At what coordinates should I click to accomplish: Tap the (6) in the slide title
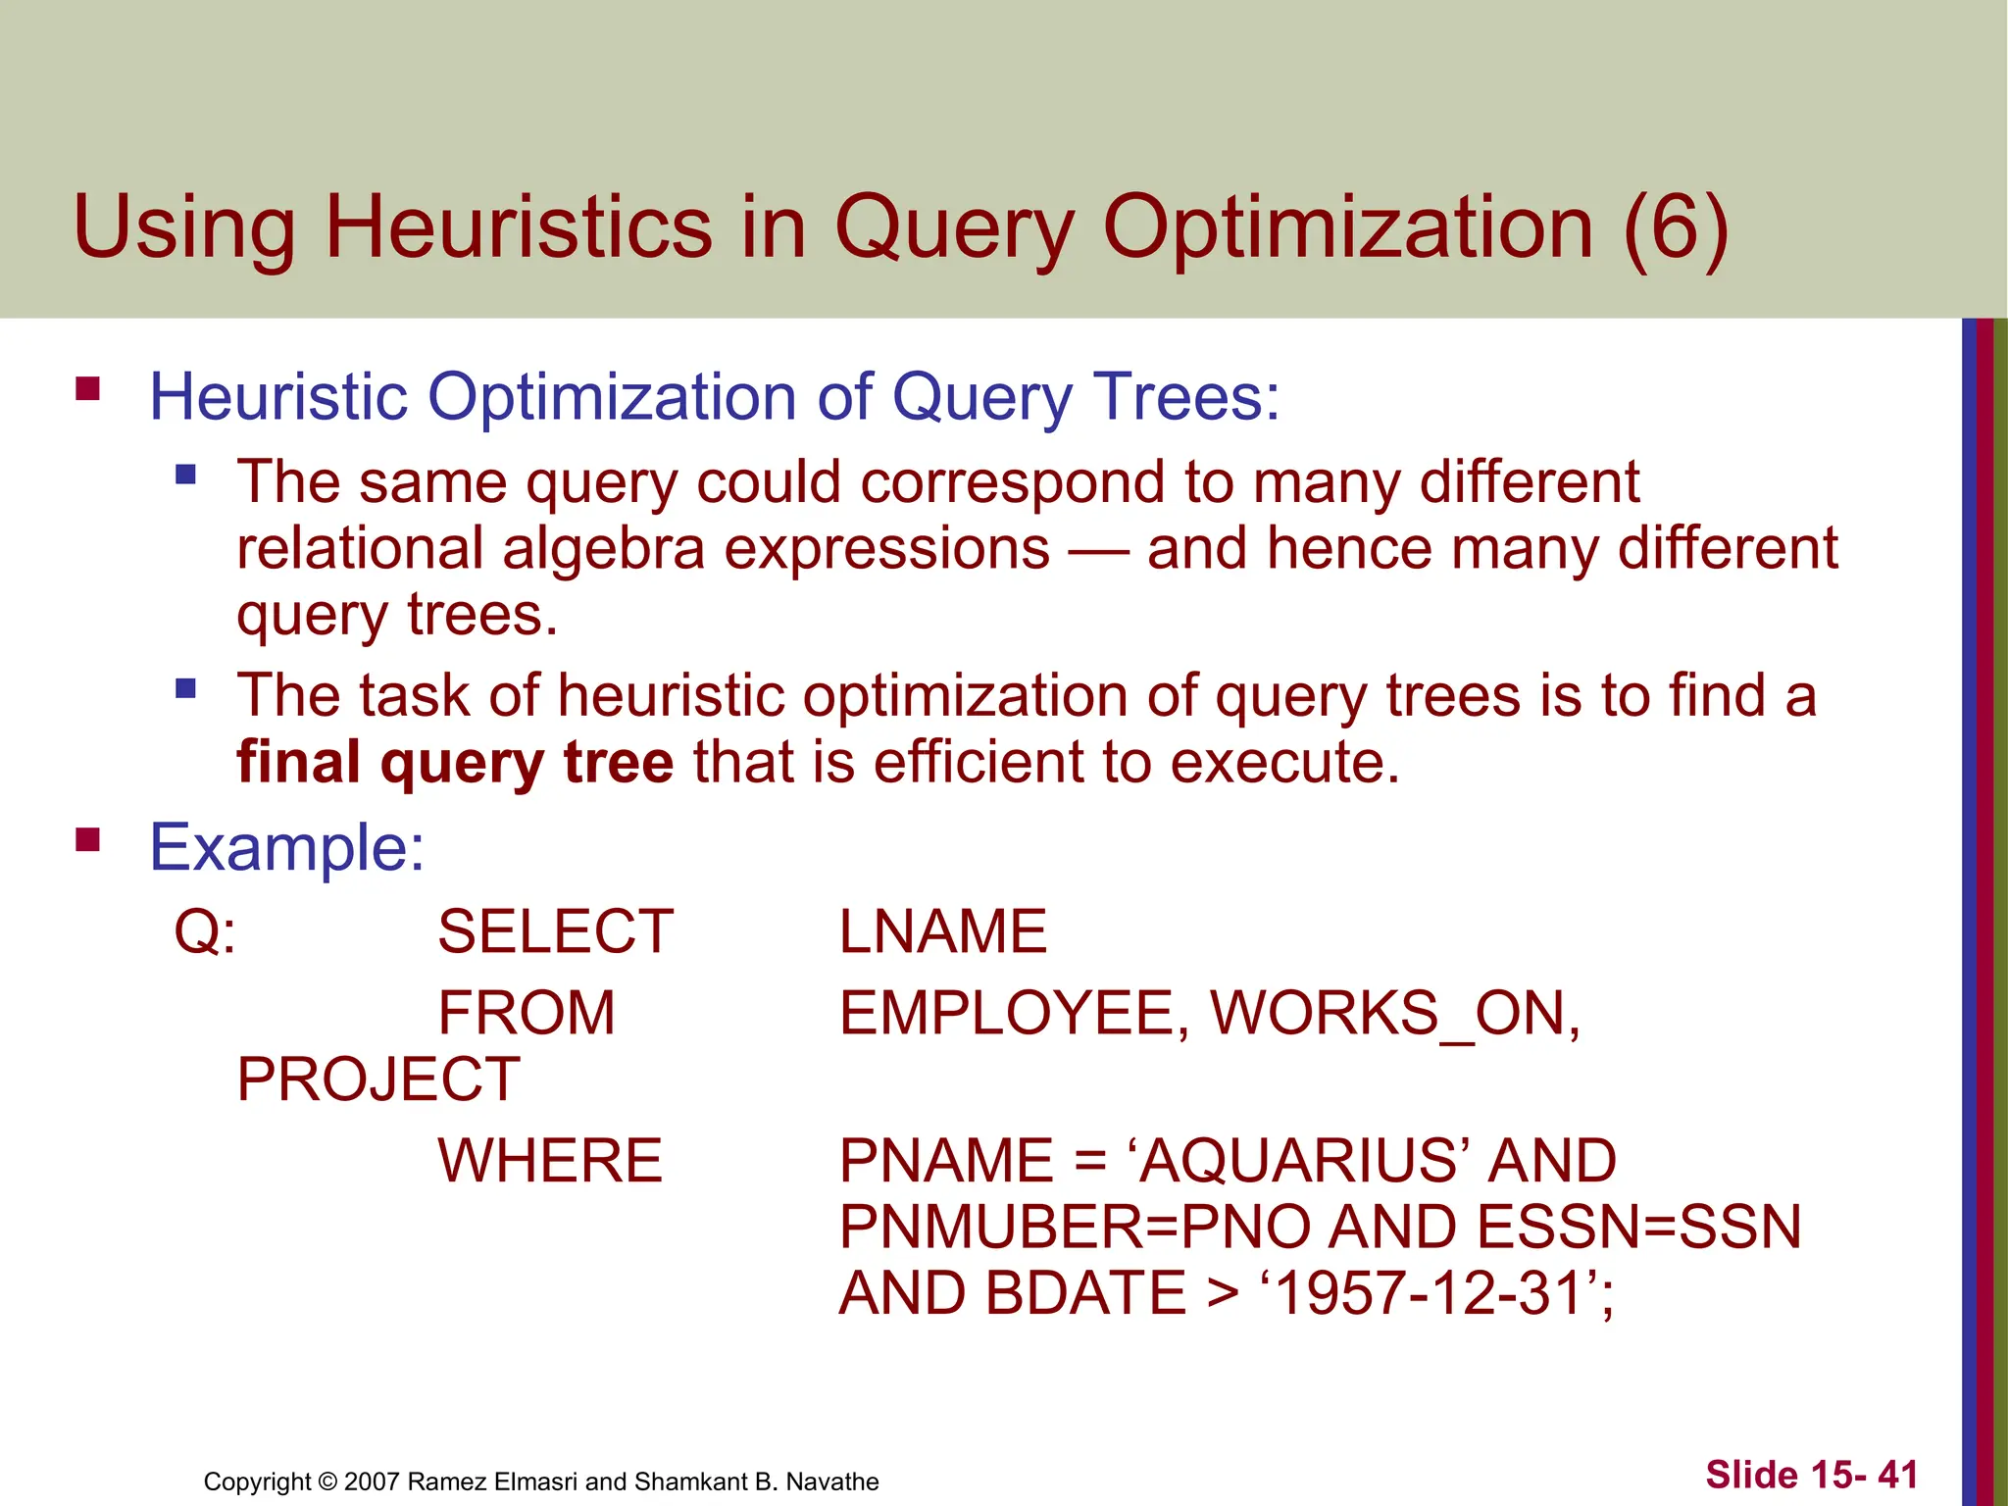click(x=1675, y=227)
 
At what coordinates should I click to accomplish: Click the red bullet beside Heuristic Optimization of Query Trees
click(x=88, y=389)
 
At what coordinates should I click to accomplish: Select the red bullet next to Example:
click(x=88, y=839)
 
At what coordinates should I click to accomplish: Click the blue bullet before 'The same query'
click(x=185, y=476)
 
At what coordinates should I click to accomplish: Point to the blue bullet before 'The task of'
click(x=185, y=688)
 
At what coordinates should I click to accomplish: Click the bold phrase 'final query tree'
click(x=455, y=763)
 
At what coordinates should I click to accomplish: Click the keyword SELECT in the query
click(x=555, y=931)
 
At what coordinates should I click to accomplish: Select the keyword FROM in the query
click(x=527, y=1013)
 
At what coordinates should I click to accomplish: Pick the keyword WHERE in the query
click(x=550, y=1161)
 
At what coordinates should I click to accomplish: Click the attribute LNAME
click(x=943, y=931)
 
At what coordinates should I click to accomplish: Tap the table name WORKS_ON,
click(x=1395, y=1013)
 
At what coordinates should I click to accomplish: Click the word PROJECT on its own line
click(x=378, y=1079)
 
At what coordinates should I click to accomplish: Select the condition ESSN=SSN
click(x=1638, y=1227)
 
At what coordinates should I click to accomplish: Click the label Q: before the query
click(x=205, y=931)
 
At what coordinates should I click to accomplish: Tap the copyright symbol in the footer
click(x=327, y=1481)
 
